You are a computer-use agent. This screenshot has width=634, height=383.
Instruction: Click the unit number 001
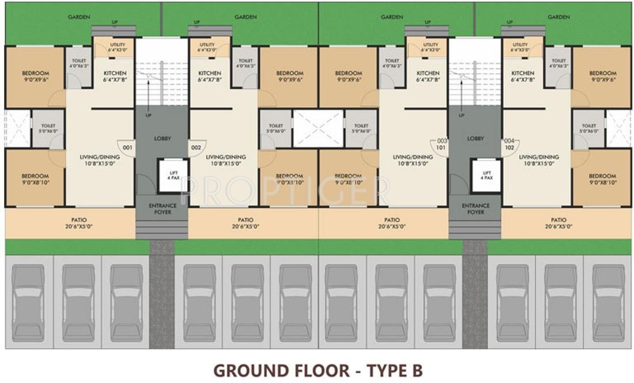[127, 147]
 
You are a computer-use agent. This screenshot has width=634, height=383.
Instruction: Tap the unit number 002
[196, 147]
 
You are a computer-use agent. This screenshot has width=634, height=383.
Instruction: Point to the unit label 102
[510, 147]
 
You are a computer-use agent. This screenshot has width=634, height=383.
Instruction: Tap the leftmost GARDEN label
[79, 17]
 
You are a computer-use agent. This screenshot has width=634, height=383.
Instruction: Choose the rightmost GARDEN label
[558, 17]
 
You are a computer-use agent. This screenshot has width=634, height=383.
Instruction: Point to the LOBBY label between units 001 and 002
[162, 138]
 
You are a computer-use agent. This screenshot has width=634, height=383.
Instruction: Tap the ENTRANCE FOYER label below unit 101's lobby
[476, 208]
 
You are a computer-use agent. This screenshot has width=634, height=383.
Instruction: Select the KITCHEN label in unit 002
[209, 73]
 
